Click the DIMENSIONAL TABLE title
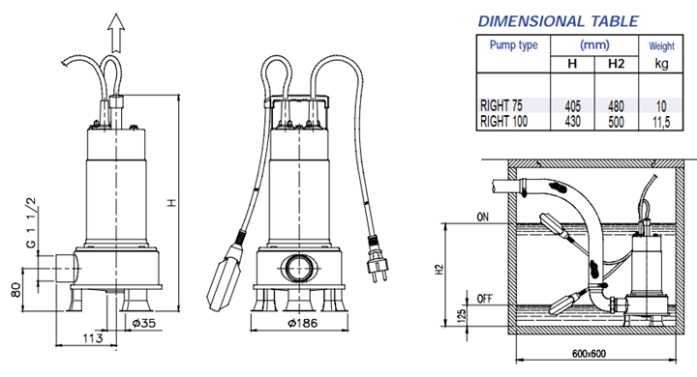[x=558, y=21]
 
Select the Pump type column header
[x=513, y=44]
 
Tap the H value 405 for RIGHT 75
[x=572, y=106]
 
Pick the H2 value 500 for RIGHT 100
[x=616, y=121]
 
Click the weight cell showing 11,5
[x=661, y=122]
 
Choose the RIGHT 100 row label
[x=503, y=121]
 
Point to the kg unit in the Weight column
[x=661, y=64]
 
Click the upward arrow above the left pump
[x=116, y=33]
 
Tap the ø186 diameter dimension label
[x=303, y=323]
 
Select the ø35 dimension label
[x=144, y=323]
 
